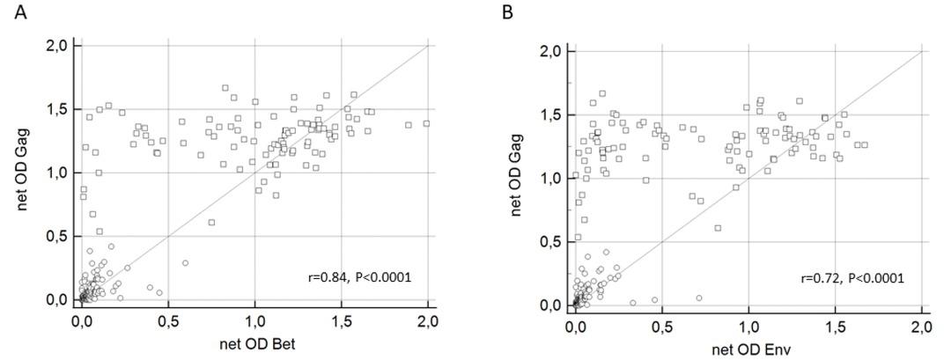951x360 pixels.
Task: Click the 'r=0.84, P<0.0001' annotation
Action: [359, 277]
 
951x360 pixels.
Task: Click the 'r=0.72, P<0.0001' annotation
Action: [852, 278]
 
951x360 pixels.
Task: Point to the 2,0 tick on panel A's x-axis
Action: [429, 319]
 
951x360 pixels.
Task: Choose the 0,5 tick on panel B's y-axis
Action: [553, 242]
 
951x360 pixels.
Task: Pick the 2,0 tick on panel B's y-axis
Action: [553, 51]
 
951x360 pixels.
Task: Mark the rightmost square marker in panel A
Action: [426, 124]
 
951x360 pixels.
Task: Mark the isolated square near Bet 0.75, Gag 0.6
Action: [211, 223]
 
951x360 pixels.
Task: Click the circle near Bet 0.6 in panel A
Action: [185, 263]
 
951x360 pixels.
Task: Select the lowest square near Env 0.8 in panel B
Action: [718, 228]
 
